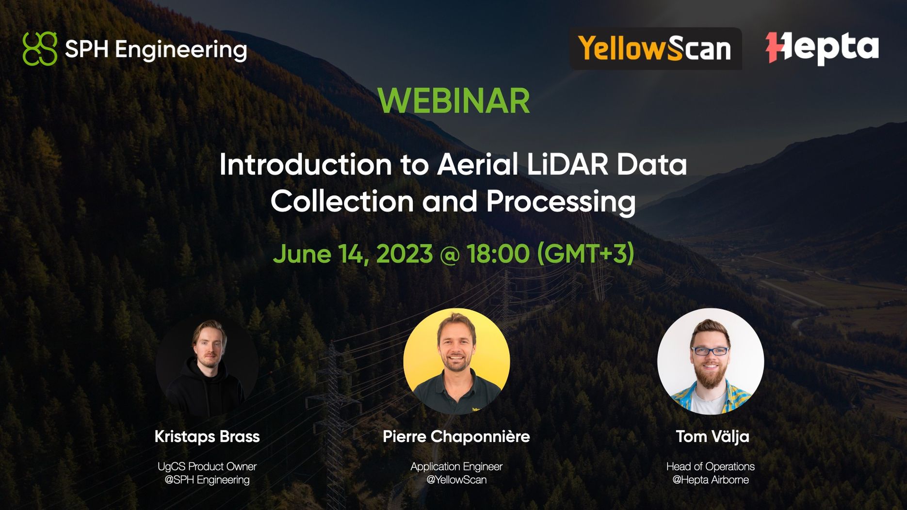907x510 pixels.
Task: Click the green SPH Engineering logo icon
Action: [40, 48]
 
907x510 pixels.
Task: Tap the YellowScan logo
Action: [655, 49]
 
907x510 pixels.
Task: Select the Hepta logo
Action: [822, 48]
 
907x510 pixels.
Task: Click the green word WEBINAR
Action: [453, 101]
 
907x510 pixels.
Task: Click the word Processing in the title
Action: [561, 201]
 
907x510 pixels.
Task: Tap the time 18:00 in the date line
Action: [498, 254]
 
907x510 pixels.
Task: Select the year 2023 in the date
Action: [404, 254]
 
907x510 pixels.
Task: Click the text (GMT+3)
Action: [585, 254]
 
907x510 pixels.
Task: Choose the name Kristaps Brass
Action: [207, 436]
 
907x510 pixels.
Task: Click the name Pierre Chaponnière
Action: [456, 436]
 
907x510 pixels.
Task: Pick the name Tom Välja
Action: [712, 436]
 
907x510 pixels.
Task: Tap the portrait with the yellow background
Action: [456, 361]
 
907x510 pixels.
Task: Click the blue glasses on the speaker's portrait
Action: [710, 351]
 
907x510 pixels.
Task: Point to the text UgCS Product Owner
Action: [207, 466]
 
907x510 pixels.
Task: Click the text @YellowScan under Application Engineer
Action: [456, 480]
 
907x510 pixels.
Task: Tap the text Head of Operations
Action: [710, 466]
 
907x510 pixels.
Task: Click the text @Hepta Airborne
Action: [710, 480]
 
